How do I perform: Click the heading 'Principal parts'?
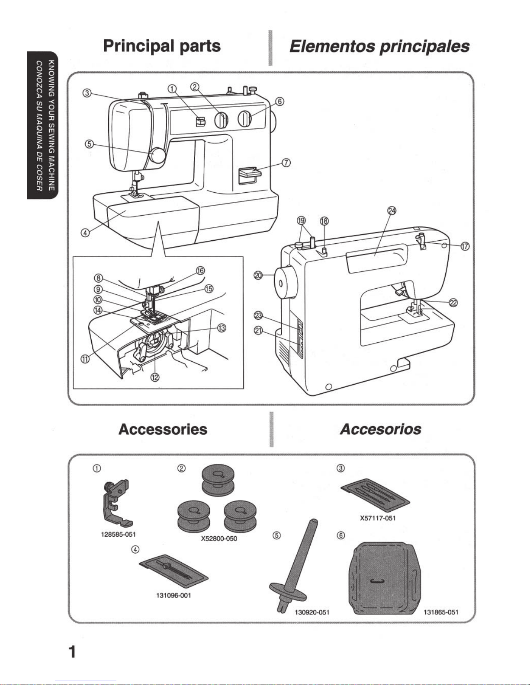click(162, 46)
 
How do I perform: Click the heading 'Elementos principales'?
click(379, 47)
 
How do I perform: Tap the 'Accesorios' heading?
click(380, 429)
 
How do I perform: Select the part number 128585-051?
click(118, 534)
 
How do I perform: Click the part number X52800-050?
click(219, 538)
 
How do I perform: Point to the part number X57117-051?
click(378, 518)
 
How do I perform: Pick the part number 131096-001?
click(173, 596)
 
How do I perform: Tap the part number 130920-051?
click(312, 612)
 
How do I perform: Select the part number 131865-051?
click(441, 612)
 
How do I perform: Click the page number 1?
click(72, 652)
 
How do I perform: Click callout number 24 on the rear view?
click(392, 210)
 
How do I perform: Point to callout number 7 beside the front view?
click(286, 162)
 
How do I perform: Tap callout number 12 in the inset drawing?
click(154, 377)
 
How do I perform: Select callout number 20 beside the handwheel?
click(258, 275)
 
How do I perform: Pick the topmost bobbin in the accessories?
click(218, 479)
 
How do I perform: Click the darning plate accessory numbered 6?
click(385, 578)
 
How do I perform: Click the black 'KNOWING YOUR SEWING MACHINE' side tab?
click(43, 125)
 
